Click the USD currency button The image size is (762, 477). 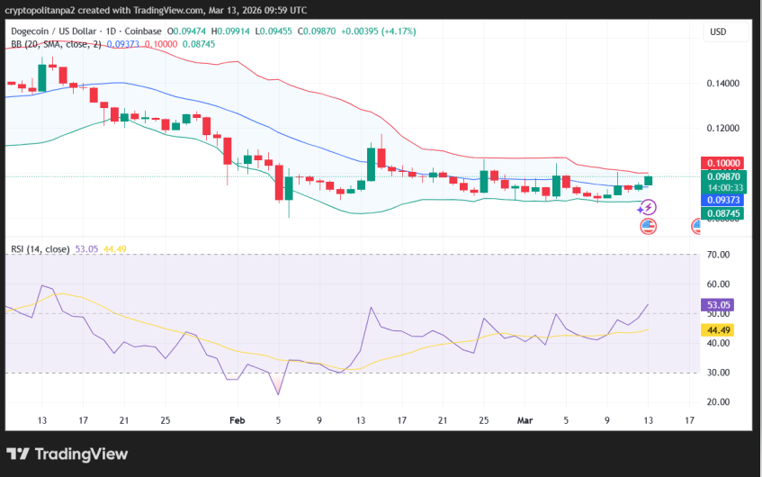718,31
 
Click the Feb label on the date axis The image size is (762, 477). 238,420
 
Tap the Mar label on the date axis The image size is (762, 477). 525,420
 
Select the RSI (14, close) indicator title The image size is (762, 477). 40,248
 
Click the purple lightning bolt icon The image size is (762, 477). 648,207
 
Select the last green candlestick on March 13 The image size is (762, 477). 648,181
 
